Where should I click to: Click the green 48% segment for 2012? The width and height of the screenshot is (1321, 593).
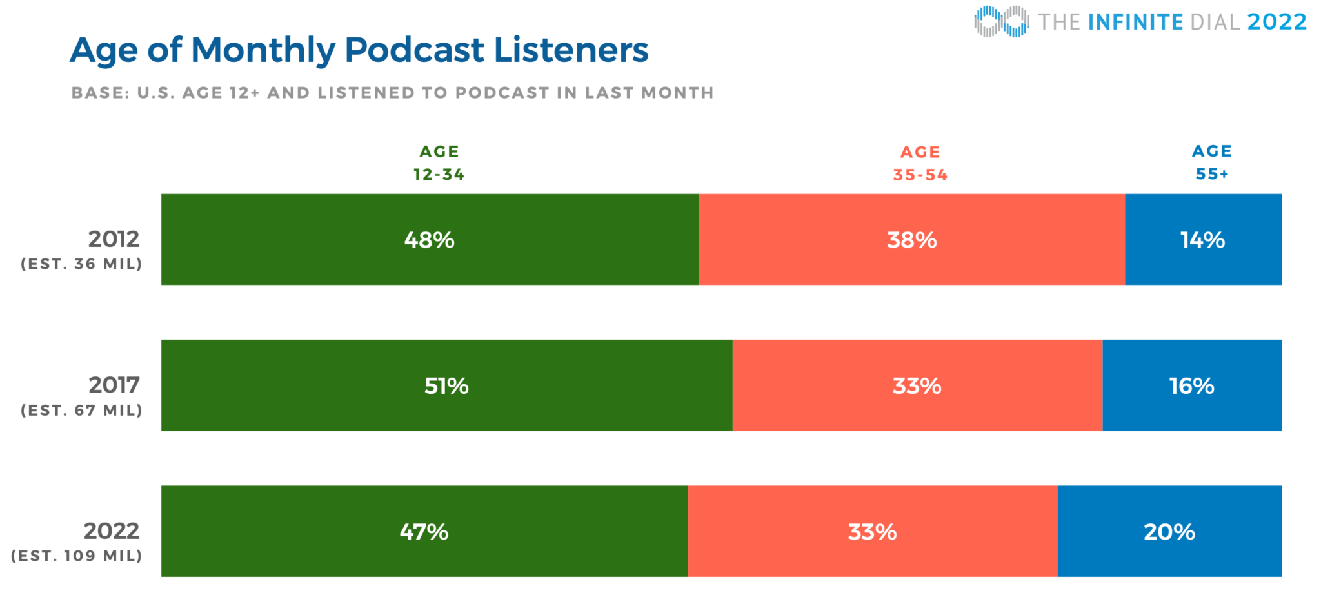coord(430,240)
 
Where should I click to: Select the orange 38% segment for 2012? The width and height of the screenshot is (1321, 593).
coord(911,240)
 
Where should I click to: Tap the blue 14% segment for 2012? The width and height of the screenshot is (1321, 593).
coord(1203,240)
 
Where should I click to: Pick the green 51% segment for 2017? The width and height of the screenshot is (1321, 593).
coord(446,385)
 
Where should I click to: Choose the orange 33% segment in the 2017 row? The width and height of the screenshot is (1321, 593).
coord(917,385)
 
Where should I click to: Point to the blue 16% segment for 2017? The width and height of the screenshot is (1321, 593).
coord(1191,385)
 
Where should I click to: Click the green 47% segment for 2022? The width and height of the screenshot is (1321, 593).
coord(424,532)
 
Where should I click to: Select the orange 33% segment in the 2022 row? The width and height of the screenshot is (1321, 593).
coord(872,532)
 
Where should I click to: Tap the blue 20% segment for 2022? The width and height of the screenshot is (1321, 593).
coord(1169,532)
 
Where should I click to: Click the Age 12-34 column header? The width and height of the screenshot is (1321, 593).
coord(439,163)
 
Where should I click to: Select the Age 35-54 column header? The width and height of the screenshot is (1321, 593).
coord(920,164)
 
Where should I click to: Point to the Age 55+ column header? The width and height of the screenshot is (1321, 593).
coord(1212,162)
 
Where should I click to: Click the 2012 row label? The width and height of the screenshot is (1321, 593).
coord(114,239)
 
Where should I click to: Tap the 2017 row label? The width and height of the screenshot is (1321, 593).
coord(114,385)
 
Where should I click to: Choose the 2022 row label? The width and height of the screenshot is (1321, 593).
coord(112,531)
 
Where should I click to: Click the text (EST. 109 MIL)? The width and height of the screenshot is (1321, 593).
coord(76,556)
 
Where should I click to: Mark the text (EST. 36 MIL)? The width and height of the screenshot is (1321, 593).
coord(81,264)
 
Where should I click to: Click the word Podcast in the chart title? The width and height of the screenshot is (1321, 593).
coord(414,50)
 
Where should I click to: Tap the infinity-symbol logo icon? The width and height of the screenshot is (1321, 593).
coord(1001,21)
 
